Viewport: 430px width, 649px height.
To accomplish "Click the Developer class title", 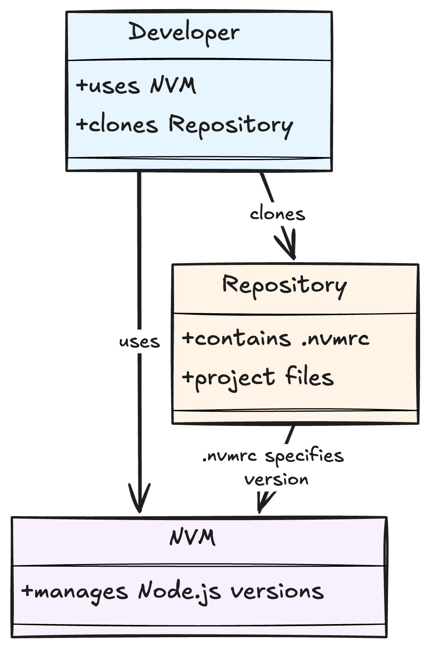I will (x=184, y=33).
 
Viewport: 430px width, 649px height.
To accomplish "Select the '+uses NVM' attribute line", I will (x=136, y=85).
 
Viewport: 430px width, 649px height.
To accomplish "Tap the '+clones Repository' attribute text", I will (x=184, y=125).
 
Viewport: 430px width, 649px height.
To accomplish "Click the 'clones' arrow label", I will (x=277, y=214).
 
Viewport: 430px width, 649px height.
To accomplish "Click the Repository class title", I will (x=284, y=286).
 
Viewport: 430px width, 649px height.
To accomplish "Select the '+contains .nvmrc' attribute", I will (x=276, y=339).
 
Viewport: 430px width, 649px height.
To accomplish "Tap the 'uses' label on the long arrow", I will (x=139, y=342).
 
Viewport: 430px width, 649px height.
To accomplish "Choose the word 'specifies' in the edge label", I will (x=304, y=456).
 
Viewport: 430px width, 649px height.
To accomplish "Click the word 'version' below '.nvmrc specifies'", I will (x=276, y=480).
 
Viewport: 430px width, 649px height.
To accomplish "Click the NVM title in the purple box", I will (x=193, y=538).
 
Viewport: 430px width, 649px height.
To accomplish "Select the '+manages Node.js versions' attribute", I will (x=172, y=592).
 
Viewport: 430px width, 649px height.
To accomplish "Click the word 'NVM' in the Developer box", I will (x=173, y=85).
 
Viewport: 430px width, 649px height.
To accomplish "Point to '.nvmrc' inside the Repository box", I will (x=335, y=339).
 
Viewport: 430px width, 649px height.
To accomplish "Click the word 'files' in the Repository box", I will (x=309, y=377).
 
